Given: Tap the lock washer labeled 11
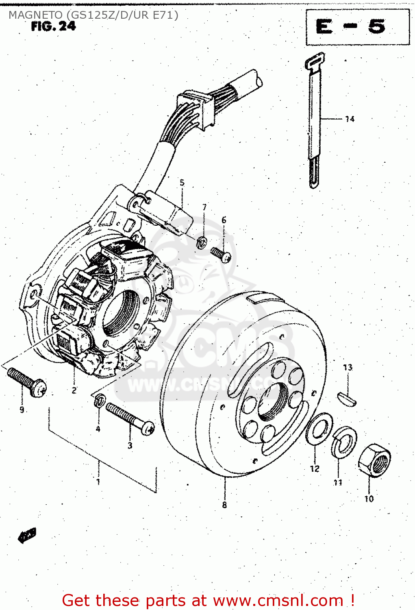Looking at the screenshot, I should tap(344, 442).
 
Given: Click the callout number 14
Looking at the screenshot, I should tap(350, 119).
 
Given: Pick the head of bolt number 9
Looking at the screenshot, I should tap(38, 387).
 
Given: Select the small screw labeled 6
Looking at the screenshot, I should tap(221, 255).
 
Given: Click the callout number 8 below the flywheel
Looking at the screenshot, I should tap(224, 505).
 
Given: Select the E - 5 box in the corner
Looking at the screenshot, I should tap(357, 28).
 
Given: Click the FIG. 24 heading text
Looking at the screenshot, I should tap(53, 26).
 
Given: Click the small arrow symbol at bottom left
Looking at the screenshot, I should tap(27, 536).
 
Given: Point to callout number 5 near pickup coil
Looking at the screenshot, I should tap(182, 183).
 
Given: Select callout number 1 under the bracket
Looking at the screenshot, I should tap(98, 481).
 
